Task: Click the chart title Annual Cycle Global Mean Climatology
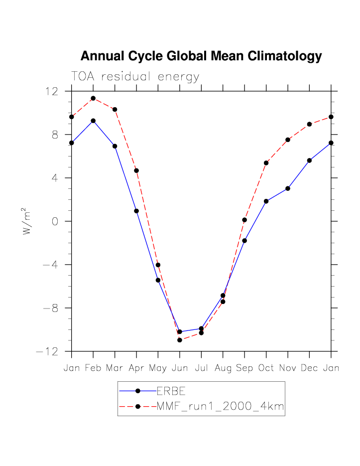click(x=201, y=56)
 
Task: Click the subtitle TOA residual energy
click(x=135, y=77)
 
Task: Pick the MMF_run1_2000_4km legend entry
click(x=220, y=406)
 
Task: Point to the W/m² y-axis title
click(x=28, y=221)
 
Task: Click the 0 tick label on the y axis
click(x=55, y=221)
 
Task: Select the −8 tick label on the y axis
click(x=50, y=308)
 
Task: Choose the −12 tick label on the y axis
click(x=47, y=351)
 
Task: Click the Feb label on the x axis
click(x=93, y=368)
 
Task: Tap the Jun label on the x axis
click(x=180, y=368)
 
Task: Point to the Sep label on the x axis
click(x=244, y=368)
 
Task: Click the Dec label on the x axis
click(x=309, y=368)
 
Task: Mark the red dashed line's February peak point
click(x=93, y=98)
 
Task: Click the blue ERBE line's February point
click(x=93, y=121)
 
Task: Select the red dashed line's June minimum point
click(x=180, y=340)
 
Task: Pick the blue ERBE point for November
click(x=288, y=188)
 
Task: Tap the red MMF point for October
click(x=266, y=163)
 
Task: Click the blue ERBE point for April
click(x=136, y=211)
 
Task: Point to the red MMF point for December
click(x=309, y=124)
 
